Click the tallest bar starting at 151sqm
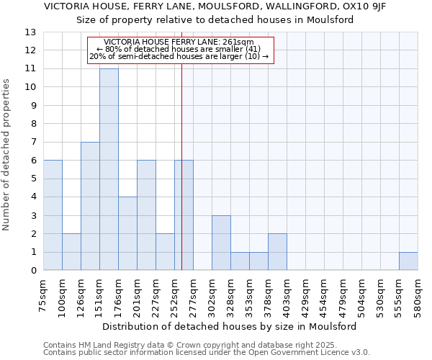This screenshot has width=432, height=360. tap(109, 169)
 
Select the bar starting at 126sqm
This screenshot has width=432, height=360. tap(90, 206)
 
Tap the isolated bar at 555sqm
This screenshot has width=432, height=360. tap(408, 261)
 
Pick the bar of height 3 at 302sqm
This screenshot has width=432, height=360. tap(221, 243)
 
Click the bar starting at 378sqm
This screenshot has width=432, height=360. tap(277, 252)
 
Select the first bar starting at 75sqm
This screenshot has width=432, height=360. tap(53, 215)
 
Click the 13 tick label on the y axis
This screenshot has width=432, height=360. tap(30, 32)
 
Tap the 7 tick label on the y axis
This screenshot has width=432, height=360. tap(32, 143)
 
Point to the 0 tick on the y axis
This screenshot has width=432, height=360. tap(32, 271)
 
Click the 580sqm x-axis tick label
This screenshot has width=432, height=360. tap(418, 294)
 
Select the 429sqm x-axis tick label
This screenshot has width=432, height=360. tap(305, 294)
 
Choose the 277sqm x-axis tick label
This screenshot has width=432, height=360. tap(193, 294)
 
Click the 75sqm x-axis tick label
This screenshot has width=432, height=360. tap(43, 294)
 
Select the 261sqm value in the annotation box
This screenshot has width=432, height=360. tap(238, 42)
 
